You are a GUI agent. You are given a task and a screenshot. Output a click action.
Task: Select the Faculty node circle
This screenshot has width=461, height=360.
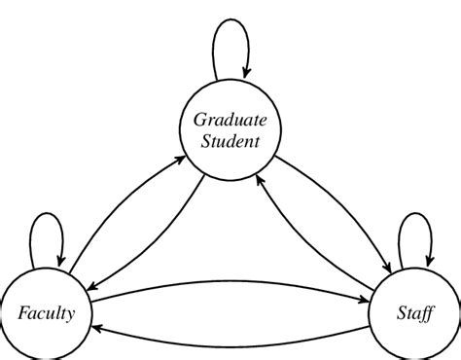click(46, 312)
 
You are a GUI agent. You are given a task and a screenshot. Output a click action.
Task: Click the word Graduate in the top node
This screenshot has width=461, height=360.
click(230, 121)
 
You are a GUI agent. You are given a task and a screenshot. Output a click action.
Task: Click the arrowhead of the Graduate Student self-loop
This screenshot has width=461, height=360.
click(247, 74)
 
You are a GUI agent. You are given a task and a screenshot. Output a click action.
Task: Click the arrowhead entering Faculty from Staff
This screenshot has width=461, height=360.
click(99, 328)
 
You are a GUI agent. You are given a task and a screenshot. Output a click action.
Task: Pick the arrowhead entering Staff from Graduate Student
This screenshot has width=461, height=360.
click(393, 266)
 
